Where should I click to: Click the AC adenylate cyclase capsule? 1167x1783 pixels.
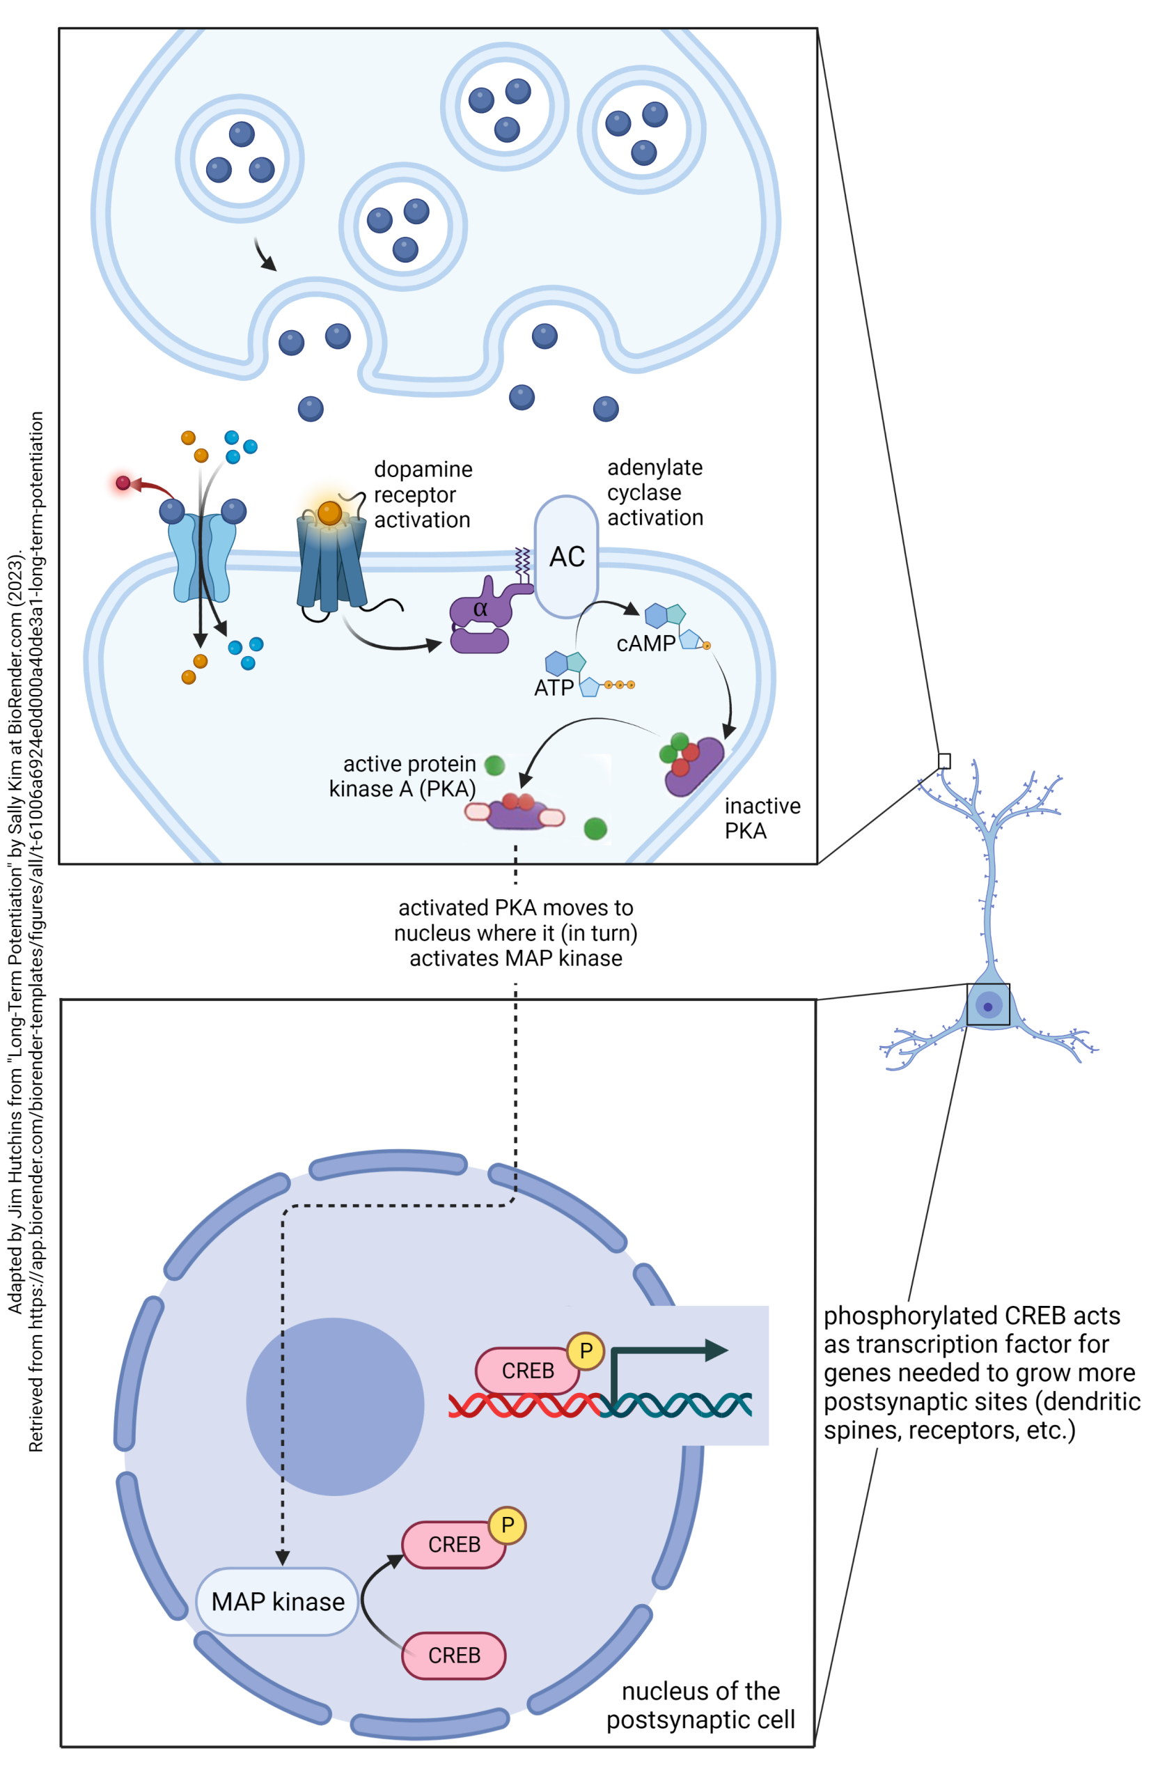tap(565, 556)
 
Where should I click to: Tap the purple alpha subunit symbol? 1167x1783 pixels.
tap(481, 608)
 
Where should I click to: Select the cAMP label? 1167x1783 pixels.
tap(645, 644)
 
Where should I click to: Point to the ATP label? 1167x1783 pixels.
tap(554, 687)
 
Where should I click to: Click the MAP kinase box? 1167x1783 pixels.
tap(277, 1601)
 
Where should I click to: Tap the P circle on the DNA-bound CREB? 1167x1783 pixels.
tap(585, 1350)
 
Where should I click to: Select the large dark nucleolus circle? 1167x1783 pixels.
tap(335, 1406)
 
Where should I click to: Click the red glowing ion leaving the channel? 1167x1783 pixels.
tap(123, 483)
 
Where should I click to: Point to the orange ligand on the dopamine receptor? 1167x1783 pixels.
tap(329, 513)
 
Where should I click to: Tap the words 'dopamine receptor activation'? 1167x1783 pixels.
tap(423, 495)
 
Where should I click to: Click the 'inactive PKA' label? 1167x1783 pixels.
tap(761, 818)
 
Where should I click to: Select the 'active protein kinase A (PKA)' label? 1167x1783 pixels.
tap(404, 776)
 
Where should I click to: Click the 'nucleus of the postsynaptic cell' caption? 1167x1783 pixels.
tap(700, 1704)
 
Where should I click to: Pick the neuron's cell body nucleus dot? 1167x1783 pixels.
tap(987, 1007)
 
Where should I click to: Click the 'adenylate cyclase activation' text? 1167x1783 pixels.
tap(655, 492)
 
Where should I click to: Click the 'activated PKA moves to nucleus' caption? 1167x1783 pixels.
tap(515, 933)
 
